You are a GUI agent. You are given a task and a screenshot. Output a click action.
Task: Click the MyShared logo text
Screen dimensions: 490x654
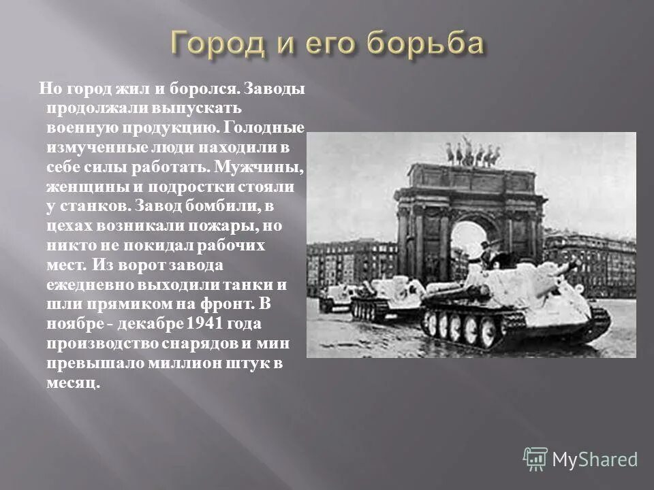[x=595, y=459]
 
